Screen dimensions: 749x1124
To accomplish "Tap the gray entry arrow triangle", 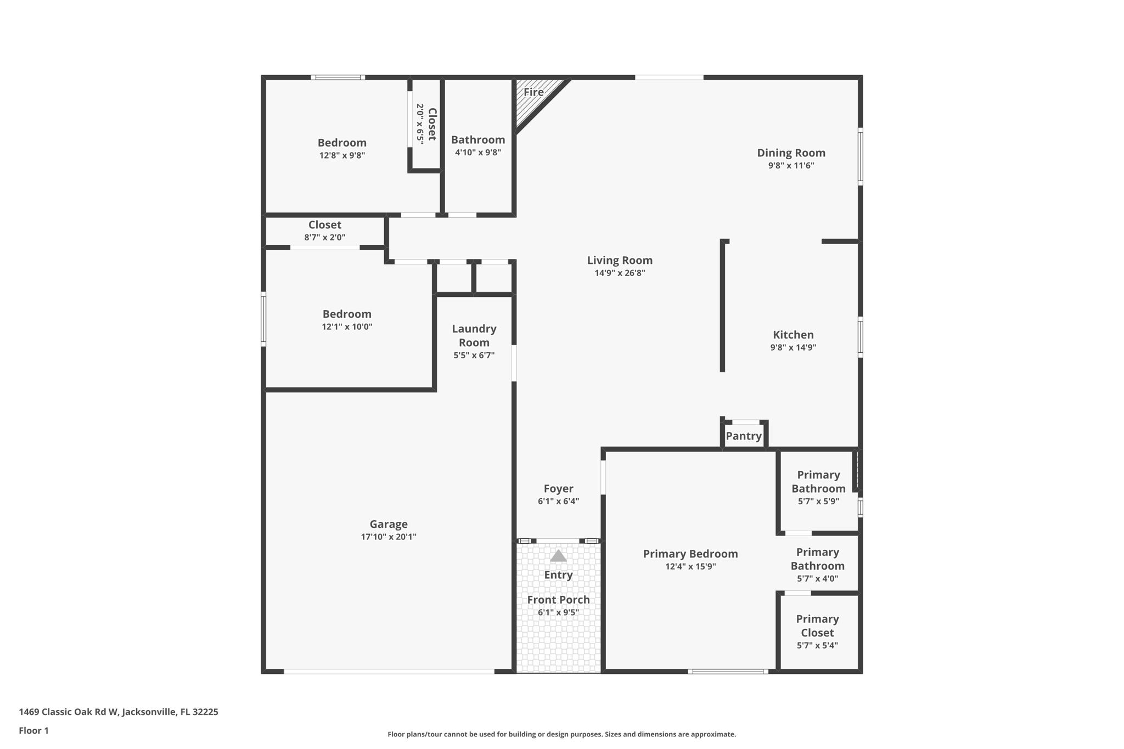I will (558, 556).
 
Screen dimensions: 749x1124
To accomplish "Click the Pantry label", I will (744, 436).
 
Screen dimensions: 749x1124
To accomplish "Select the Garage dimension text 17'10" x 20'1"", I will (389, 537).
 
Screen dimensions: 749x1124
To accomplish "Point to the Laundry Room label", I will (474, 335).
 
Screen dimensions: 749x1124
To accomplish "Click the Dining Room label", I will (791, 153).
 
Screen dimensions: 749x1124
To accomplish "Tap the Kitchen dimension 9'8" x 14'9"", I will (793, 347).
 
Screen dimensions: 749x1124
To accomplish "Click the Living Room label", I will (620, 260).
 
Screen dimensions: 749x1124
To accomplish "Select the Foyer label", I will (558, 488).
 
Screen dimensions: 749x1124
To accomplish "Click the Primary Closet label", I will (817, 626).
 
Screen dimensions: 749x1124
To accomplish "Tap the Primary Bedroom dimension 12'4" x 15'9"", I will (690, 566).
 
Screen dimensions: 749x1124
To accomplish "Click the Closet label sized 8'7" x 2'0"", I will (324, 224).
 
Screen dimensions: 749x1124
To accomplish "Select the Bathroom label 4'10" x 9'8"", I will (478, 140).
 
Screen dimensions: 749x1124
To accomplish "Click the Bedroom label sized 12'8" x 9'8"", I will (342, 143).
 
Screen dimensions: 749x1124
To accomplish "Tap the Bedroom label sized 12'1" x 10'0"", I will (347, 314).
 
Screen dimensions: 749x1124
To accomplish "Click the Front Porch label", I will (558, 600).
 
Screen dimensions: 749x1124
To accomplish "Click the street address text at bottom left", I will (119, 712).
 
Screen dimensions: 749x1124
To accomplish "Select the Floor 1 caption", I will (33, 730).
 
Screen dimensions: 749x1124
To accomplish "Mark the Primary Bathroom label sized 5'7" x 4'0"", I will (817, 559).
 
